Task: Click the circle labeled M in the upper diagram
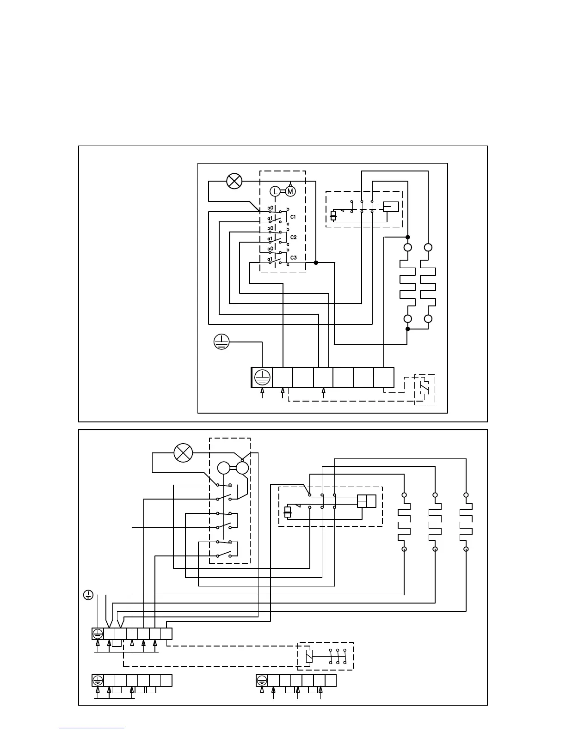coord(290,191)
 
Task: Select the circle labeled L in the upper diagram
coord(275,191)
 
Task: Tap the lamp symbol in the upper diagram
coord(234,181)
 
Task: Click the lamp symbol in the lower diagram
coord(183,452)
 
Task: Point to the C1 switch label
coord(293,217)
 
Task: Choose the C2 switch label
coord(293,237)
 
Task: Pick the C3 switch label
coord(293,257)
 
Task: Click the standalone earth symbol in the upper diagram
coord(222,342)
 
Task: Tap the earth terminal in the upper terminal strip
coord(262,378)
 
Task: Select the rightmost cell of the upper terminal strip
coord(384,378)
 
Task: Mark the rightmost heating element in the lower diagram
coord(466,522)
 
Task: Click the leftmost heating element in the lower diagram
coord(404,522)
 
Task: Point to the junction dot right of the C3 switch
coord(316,262)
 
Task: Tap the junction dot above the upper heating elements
coord(408,237)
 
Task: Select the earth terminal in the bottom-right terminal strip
coord(262,680)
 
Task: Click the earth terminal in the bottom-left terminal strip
coord(98,680)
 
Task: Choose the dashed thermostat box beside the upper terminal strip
coord(425,389)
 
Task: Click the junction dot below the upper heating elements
coord(407,329)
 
